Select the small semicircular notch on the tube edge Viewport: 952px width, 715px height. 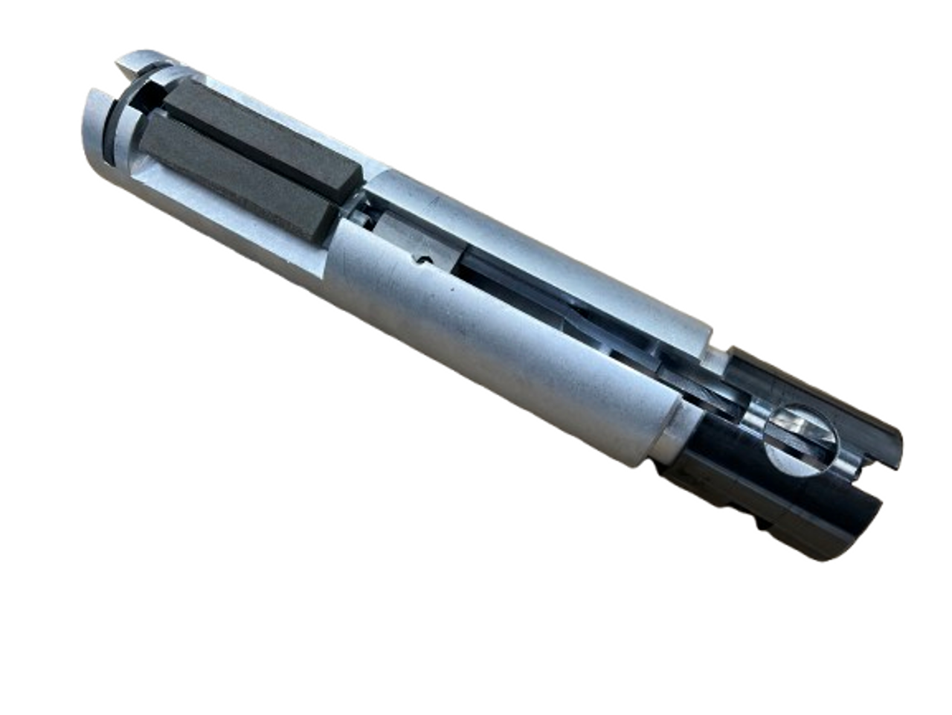[x=425, y=260]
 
